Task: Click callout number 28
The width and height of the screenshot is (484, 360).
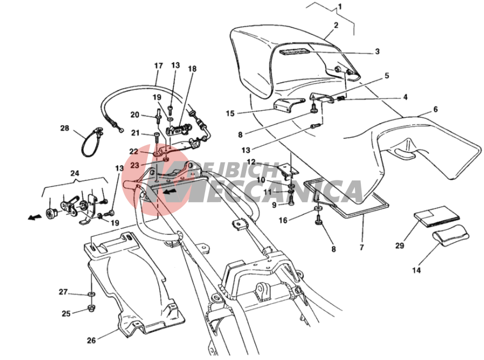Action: [64, 128]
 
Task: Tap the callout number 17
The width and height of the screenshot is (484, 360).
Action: [159, 66]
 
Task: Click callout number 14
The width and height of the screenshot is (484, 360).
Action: [416, 270]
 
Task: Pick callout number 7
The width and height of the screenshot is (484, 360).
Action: [361, 248]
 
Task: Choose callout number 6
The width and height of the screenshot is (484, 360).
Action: [435, 110]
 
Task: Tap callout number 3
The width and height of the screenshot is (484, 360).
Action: [377, 52]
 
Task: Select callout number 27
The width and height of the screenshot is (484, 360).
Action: [63, 292]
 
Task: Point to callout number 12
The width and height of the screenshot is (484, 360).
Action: [251, 162]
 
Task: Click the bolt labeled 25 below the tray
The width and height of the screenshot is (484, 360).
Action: [89, 310]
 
